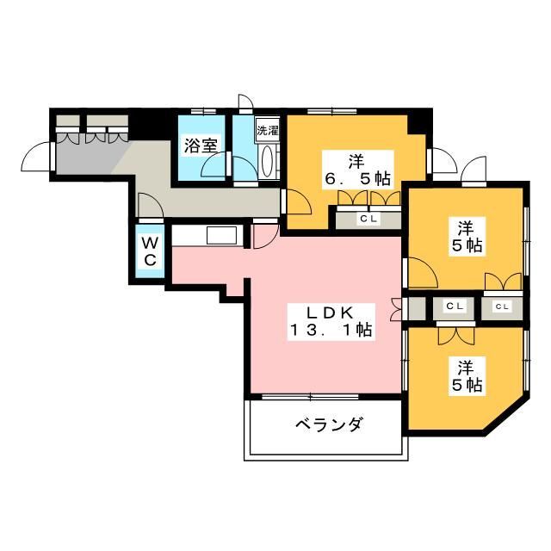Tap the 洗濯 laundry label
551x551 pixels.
coord(268,132)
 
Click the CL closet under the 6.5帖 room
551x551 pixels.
coord(368,219)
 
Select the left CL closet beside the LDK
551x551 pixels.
coord(455,306)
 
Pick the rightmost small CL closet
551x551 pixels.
coord(501,306)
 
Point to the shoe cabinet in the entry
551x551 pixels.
coord(90,134)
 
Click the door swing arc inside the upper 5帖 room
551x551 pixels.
coord(423,276)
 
